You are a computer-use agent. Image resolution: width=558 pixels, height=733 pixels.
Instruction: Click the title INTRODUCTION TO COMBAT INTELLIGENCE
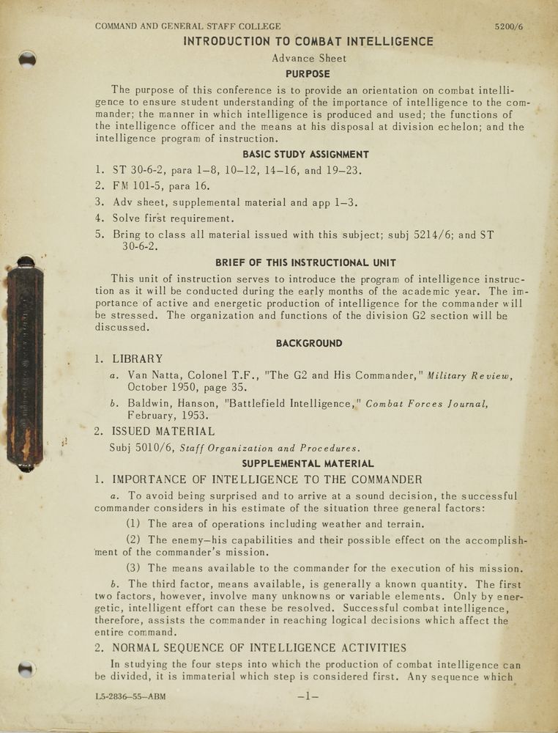coord(308,42)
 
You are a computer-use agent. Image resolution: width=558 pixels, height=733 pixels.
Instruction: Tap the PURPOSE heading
coord(308,74)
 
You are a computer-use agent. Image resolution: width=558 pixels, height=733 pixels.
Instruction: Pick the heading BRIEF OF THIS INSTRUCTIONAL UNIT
coord(305,263)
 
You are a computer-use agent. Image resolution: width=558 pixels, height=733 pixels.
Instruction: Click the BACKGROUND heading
coord(308,343)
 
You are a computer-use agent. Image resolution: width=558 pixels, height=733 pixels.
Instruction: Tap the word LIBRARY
coord(138,359)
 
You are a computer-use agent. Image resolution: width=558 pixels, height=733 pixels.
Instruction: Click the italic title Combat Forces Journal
coord(426,404)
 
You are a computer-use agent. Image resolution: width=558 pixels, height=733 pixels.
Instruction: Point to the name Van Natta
coord(156,375)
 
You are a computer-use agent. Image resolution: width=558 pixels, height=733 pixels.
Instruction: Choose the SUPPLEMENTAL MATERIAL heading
coord(308,464)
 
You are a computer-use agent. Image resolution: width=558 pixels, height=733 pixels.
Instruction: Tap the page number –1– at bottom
coord(308,696)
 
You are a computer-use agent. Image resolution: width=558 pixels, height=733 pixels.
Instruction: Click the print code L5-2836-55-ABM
coord(130,696)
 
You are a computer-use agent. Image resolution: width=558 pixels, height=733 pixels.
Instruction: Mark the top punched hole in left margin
coord(27,59)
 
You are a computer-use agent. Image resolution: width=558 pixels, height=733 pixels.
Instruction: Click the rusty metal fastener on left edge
coord(25,363)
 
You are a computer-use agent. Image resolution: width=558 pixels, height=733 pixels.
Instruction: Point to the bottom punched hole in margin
coord(26,668)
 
